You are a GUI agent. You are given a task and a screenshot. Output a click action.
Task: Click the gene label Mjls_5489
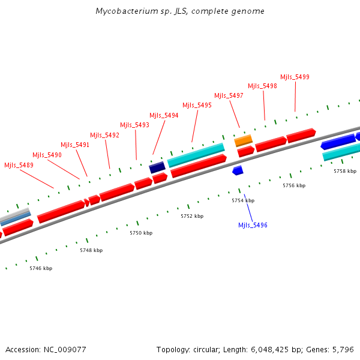click(19, 165)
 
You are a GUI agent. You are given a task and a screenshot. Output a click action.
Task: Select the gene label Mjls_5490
click(47, 155)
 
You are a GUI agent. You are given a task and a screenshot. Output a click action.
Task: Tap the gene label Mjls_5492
click(105, 135)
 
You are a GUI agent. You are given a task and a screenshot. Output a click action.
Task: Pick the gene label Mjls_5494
click(164, 115)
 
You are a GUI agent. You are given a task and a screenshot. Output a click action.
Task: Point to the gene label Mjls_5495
click(197, 105)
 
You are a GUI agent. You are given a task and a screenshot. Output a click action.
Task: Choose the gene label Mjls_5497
click(229, 95)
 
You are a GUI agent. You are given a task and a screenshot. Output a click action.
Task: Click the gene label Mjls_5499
click(295, 77)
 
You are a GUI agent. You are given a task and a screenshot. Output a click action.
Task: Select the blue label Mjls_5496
click(253, 225)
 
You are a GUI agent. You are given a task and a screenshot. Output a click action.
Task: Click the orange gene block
click(243, 140)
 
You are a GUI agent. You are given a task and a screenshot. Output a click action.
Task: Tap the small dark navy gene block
click(157, 167)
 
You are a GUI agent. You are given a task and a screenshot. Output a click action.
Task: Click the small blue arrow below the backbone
click(238, 171)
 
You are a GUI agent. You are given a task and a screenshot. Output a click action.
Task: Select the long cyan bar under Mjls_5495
click(196, 155)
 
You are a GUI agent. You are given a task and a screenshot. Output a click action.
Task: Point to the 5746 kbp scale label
click(41, 268)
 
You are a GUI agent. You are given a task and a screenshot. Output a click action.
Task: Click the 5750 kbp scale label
click(141, 232)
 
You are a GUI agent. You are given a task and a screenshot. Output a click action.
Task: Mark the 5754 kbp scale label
click(243, 200)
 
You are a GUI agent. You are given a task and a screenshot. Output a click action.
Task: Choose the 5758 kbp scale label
click(345, 171)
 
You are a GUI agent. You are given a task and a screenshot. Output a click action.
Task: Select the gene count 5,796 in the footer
click(343, 349)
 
